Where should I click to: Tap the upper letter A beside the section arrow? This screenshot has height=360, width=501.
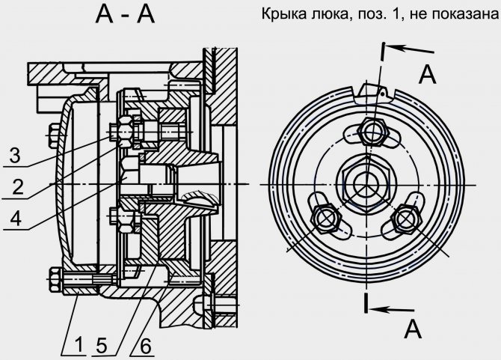point(427,74)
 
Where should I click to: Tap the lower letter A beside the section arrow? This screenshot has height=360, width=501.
point(408,328)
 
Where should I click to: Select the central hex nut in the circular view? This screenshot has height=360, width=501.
point(364,180)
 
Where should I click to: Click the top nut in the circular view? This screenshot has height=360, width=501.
point(372,131)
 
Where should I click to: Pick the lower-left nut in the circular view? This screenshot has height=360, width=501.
point(325,218)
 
